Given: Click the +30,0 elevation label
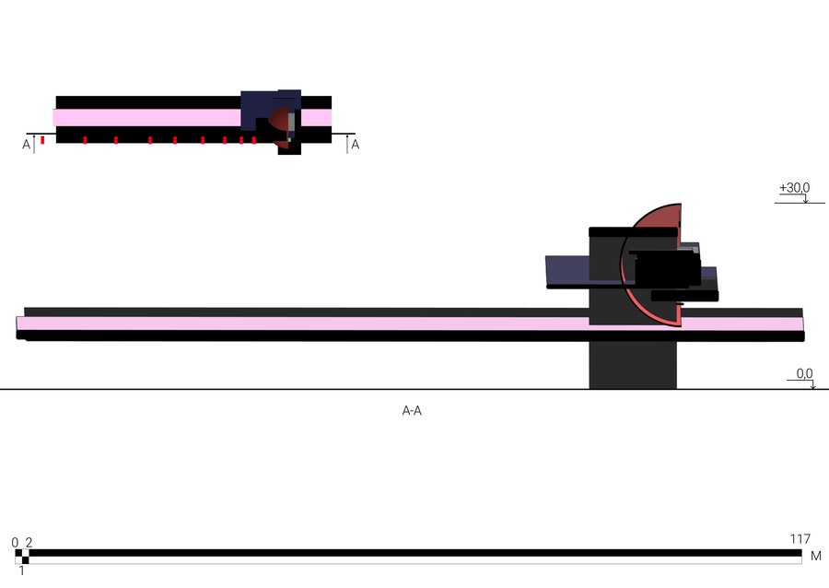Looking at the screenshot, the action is pos(794,188).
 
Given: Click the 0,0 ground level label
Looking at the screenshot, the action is pos(804,373).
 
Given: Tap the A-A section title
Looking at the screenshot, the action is pos(412,411).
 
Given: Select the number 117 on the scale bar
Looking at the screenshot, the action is pos(800,539).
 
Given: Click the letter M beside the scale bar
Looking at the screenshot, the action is pos(816,556).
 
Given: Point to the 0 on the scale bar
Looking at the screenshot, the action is pos(15,543).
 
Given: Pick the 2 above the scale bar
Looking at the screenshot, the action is pos(29,543).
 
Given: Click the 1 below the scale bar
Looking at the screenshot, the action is pos(22,571).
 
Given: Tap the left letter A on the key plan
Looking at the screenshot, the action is pos(27,145).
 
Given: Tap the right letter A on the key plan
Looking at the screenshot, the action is pos(356,145).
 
